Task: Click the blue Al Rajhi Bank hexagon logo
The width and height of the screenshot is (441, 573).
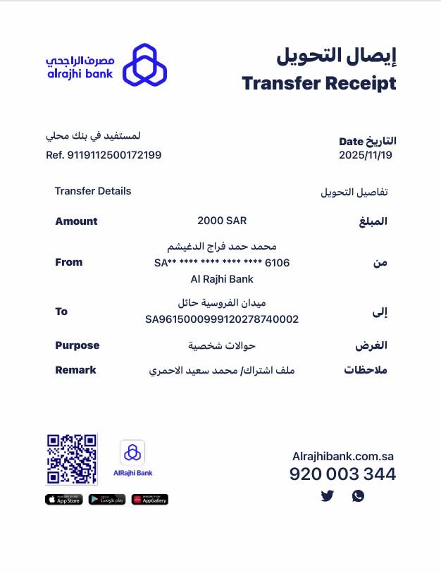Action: point(144,65)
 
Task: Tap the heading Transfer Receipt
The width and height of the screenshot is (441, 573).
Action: point(318,83)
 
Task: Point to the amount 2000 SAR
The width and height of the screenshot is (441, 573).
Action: point(222,221)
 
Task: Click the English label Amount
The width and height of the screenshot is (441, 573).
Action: point(76,221)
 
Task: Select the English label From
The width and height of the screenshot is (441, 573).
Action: point(68,262)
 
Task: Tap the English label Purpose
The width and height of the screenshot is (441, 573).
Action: point(77,345)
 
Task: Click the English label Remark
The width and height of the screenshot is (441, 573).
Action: point(75,370)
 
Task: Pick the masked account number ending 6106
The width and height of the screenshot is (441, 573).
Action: point(222,263)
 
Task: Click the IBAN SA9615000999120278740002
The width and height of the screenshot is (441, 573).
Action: point(222,319)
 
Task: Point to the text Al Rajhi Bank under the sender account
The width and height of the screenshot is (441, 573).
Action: point(222,279)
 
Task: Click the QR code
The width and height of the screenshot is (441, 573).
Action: point(71,459)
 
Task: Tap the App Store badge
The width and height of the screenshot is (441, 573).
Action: point(63,500)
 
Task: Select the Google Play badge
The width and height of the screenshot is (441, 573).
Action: point(107,500)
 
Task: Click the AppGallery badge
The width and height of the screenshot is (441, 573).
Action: point(150,500)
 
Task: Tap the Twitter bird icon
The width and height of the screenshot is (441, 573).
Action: point(327,496)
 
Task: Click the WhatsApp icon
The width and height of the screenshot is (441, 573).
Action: point(358,496)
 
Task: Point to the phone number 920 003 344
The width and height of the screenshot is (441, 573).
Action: point(342,474)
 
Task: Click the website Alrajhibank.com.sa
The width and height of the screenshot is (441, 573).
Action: point(342,456)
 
